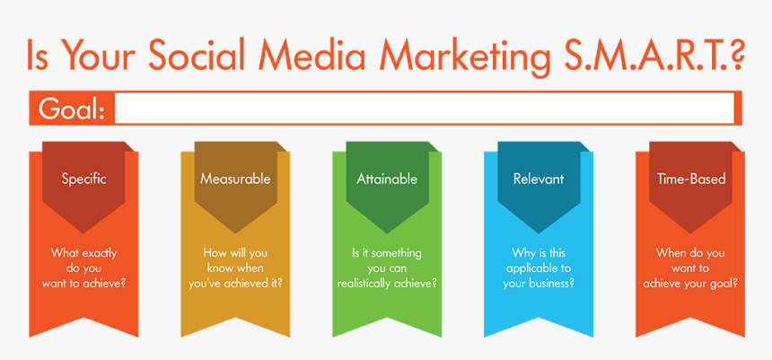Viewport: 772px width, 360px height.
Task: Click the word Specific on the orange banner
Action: point(84,179)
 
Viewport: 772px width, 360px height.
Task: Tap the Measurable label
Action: point(235,179)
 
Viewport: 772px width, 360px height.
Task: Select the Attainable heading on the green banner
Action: point(387,179)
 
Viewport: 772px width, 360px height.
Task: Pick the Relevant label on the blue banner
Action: point(539,179)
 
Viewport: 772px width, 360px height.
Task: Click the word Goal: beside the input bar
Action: point(72,110)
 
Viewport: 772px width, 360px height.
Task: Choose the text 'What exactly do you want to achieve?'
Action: point(84,268)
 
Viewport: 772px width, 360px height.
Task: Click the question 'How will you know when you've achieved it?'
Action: point(235,268)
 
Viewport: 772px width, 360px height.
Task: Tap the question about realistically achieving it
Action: point(387,268)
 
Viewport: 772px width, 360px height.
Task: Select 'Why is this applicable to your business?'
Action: point(539,268)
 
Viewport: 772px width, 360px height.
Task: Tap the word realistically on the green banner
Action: point(366,284)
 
